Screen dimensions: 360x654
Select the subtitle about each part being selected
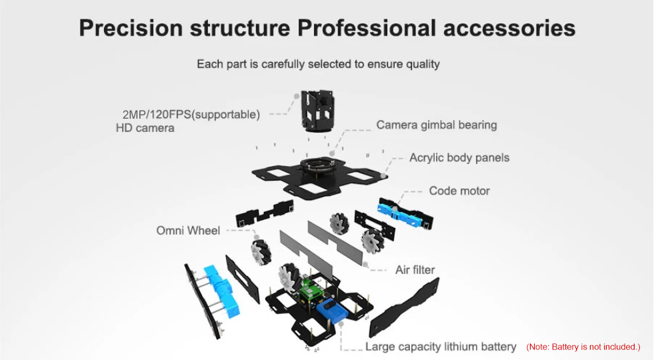coord(318,64)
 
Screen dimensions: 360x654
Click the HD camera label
coord(145,128)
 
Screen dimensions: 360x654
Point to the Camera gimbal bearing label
coord(436,125)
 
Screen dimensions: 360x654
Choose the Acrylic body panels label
coord(459,158)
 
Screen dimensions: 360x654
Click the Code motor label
coord(459,191)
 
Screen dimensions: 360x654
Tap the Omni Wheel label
coord(188,231)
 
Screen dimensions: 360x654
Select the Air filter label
coord(415,270)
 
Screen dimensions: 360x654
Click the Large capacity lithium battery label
coord(441,347)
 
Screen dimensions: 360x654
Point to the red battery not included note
coord(583,347)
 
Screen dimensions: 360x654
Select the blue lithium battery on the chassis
coord(333,313)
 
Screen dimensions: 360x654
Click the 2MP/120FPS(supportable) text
coord(191,115)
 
